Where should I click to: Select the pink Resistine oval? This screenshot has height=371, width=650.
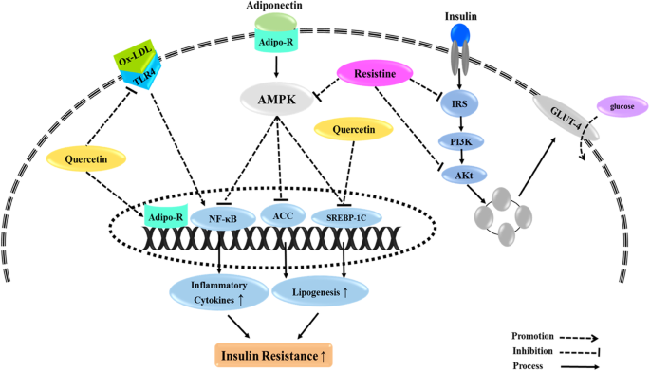click(376, 71)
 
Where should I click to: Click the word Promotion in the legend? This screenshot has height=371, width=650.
click(534, 334)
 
